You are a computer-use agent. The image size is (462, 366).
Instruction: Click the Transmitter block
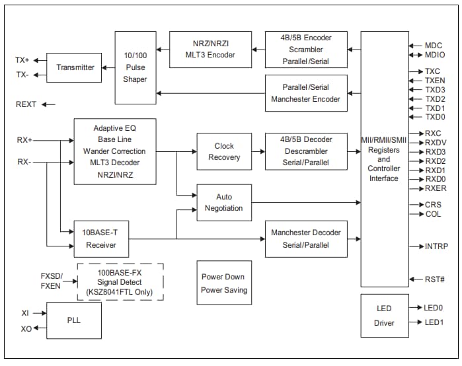pos(74,67)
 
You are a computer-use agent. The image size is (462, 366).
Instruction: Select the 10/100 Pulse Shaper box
pos(135,67)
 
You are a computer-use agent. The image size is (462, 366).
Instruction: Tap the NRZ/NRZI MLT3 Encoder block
pos(210,49)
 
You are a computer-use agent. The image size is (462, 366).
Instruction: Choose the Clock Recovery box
pos(224,151)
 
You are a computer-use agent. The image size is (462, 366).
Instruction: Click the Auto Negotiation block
pos(224,202)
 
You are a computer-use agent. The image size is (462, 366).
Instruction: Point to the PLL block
pos(74,320)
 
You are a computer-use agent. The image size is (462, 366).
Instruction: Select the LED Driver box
pos(384,316)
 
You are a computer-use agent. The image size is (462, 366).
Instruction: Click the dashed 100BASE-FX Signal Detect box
pos(120,282)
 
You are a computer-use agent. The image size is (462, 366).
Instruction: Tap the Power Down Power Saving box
pos(224,283)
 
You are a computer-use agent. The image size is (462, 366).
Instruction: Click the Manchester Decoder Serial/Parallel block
pos(306,238)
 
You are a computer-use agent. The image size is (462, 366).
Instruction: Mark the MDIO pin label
pos(435,55)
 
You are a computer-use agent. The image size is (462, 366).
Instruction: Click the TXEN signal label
pos(435,81)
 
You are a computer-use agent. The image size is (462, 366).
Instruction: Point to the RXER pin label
pos(435,188)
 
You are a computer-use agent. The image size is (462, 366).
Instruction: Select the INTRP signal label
pos(436,246)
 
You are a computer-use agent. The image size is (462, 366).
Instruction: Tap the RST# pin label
pos(434,279)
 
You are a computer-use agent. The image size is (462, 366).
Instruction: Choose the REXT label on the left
pos(26,104)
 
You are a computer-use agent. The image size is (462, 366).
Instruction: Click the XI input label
pos(25,312)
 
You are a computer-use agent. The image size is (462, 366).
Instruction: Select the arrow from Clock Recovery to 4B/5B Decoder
pos(258,151)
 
